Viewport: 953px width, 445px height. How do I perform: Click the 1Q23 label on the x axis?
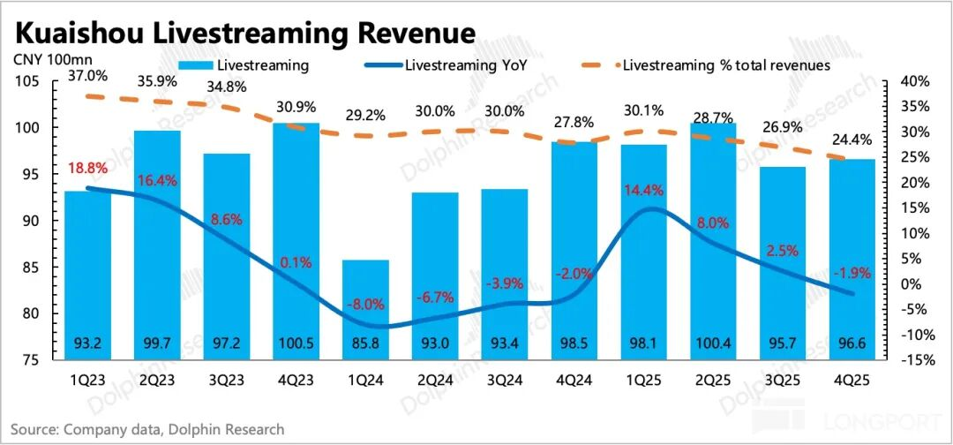[x=88, y=382]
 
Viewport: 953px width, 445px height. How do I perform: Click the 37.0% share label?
[x=88, y=77]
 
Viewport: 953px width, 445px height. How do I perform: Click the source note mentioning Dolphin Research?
[x=148, y=430]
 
